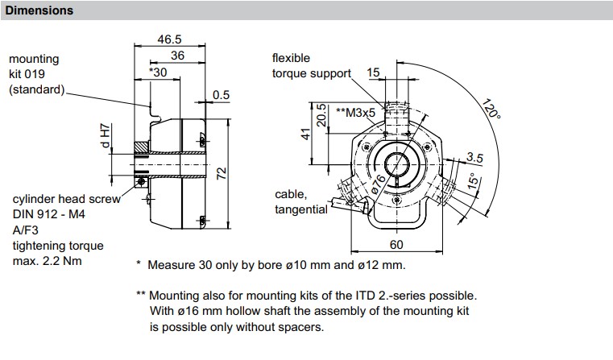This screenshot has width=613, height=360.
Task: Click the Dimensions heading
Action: [39, 10]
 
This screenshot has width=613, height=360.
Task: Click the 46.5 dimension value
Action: [170, 39]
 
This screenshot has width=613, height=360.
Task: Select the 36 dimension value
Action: [177, 56]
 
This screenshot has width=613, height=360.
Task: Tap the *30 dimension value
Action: [158, 72]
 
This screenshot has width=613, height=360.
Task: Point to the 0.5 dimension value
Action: [221, 95]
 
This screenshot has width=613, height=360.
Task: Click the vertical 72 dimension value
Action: [222, 173]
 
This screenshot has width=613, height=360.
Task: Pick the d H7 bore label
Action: [106, 136]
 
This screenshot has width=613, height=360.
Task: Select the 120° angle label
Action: [491, 109]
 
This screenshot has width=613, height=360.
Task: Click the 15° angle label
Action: [474, 180]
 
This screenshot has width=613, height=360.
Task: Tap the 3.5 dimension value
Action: [474, 158]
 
